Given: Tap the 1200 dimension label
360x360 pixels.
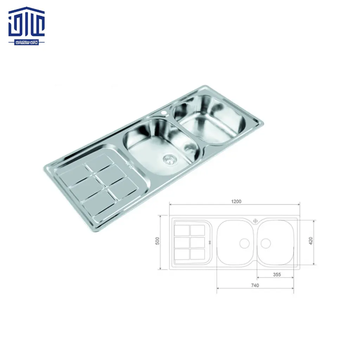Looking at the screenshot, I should [236, 201].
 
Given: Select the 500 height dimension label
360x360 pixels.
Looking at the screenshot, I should [157, 241].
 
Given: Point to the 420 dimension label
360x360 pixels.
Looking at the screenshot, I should [310, 241].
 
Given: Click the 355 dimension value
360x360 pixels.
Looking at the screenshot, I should [277, 275].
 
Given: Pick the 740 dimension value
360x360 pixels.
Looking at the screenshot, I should [255, 285].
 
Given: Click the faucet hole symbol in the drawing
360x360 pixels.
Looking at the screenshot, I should [255, 221].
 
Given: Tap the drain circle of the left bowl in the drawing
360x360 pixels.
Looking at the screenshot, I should [244, 243].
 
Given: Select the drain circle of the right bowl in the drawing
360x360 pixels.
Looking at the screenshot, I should [265, 243].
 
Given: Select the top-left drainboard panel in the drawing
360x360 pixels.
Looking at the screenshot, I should [181, 230].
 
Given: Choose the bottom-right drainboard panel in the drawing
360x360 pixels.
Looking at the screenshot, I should [197, 253].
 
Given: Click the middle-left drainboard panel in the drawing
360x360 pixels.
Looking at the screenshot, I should [181, 242].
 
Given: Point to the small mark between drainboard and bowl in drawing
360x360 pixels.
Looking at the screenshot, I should [210, 242].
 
